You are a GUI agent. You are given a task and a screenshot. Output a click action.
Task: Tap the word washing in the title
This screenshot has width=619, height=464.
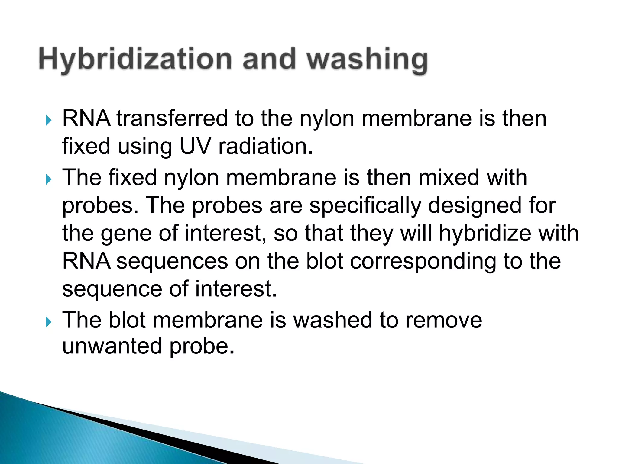click(367, 60)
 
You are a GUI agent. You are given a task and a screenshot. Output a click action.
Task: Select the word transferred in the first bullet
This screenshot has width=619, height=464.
click(172, 118)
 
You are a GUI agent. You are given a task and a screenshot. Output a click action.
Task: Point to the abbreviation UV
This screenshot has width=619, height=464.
click(195, 147)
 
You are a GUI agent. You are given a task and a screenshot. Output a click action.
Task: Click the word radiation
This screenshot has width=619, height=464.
click(265, 147)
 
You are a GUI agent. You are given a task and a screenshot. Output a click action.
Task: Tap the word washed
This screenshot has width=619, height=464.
click(333, 320)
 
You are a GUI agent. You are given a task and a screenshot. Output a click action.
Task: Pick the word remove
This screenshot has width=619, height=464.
click(444, 320)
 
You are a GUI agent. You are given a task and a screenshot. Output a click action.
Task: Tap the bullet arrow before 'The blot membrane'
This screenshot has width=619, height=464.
click(48, 322)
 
